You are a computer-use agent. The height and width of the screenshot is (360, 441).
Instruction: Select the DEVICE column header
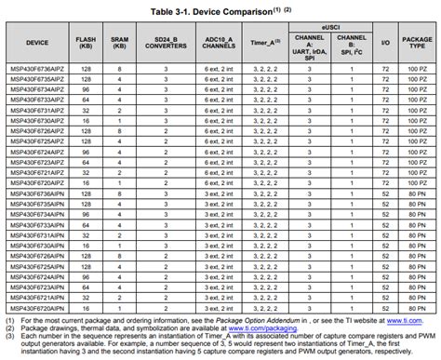coord(38,43)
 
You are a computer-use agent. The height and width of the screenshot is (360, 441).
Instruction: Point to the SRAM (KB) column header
coord(119,43)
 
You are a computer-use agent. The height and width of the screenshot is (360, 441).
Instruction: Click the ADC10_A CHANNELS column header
coord(220,43)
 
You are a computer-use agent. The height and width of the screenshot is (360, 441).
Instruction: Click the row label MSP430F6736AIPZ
coord(38,71)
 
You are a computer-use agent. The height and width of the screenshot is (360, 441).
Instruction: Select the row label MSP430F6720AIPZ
coord(38,183)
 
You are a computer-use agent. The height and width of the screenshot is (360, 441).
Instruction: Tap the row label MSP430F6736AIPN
coord(38,193)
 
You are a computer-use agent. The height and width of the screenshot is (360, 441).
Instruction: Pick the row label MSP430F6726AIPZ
coord(38,132)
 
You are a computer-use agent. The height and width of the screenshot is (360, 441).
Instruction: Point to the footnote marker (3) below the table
coord(7,336)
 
